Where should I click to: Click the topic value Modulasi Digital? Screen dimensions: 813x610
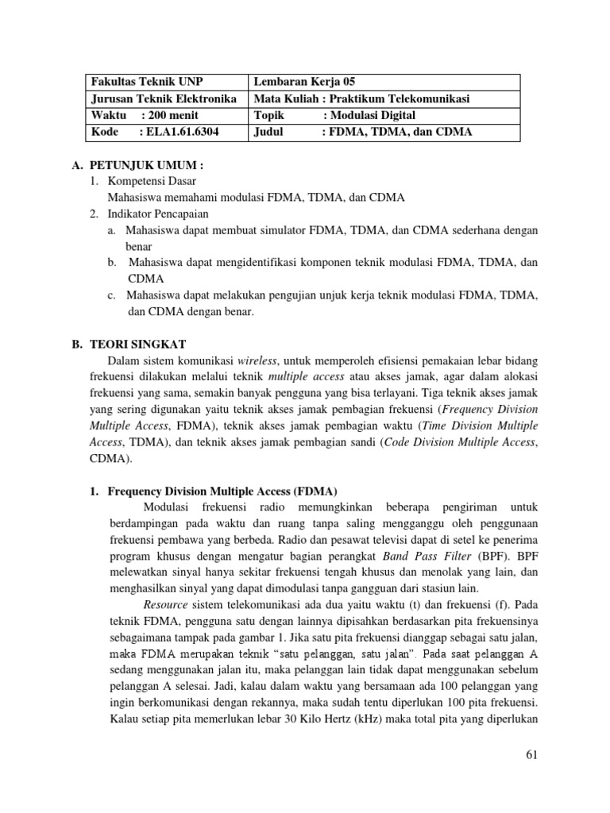[373, 116]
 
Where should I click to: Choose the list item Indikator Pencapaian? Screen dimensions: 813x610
[158, 214]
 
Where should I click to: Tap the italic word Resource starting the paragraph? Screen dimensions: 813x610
[165, 605]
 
